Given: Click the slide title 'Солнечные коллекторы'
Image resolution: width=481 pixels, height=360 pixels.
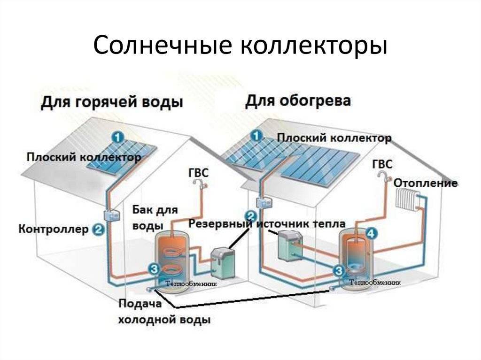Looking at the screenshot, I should (x=240, y=46).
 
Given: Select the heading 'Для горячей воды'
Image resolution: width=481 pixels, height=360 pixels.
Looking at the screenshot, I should (x=111, y=102).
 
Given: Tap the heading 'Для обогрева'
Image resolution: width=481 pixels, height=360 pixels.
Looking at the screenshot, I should (x=298, y=100).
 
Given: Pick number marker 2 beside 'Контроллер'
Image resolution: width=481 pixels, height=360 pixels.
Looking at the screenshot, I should (x=98, y=230).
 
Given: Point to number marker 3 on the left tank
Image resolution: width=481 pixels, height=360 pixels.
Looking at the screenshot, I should (x=153, y=269).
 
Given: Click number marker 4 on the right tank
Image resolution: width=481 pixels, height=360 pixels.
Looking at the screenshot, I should (x=372, y=233).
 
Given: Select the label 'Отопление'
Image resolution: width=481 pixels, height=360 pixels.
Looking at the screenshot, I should (x=426, y=183).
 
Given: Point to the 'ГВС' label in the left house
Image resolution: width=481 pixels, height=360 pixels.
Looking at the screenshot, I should (x=198, y=172).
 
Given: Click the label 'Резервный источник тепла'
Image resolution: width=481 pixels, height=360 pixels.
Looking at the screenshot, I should (x=267, y=223).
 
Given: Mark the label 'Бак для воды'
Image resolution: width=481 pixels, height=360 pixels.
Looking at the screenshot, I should (x=155, y=217).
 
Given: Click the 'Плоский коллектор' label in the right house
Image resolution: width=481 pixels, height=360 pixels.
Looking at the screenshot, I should (x=334, y=138).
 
